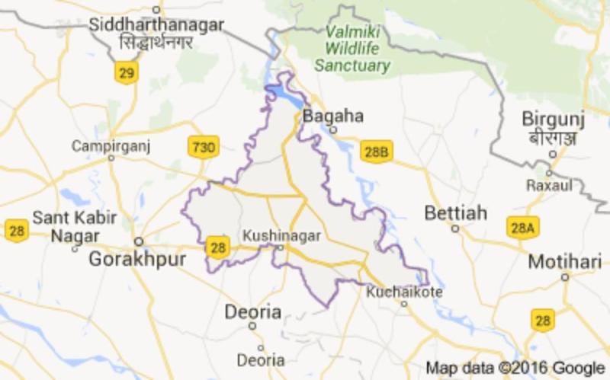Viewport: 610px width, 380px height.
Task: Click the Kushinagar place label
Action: coord(281,236)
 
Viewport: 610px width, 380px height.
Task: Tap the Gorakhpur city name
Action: coord(137,259)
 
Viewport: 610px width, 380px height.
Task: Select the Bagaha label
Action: coord(333,117)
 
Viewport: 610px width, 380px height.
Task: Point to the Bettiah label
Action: coord(455,212)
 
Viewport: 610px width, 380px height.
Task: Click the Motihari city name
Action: coord(565,261)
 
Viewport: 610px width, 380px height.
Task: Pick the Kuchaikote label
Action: coord(404,291)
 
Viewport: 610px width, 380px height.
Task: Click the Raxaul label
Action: coord(548,185)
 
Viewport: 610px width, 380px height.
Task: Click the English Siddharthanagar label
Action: coord(156,24)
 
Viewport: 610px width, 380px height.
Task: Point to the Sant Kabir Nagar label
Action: coord(74,227)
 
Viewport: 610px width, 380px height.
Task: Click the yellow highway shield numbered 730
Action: coord(204,145)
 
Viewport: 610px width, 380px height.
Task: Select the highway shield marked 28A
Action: coord(522,227)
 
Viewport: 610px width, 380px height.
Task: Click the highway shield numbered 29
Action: coord(126,72)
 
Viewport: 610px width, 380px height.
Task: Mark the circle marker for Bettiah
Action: coord(455,228)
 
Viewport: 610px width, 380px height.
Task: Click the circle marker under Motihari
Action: coord(565,277)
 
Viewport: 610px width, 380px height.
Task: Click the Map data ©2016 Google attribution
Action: coord(514,367)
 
